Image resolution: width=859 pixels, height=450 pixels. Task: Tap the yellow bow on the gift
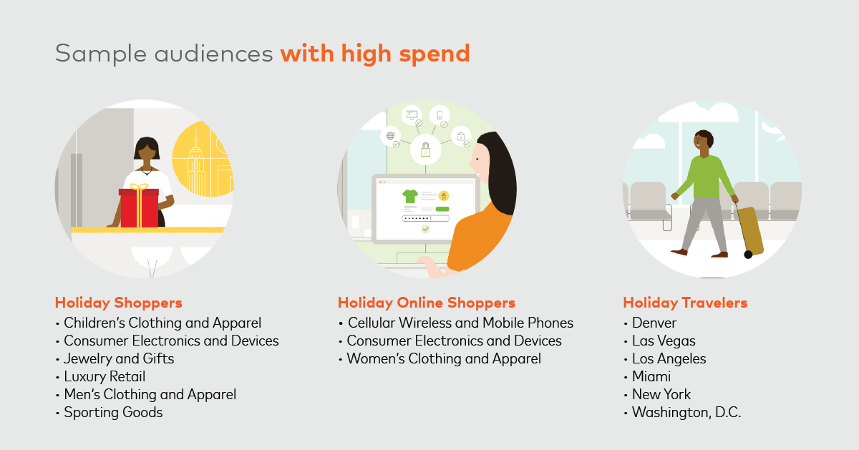(139, 187)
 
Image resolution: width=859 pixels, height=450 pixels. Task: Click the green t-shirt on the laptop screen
(410, 196)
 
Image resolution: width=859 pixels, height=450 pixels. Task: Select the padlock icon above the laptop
(425, 150)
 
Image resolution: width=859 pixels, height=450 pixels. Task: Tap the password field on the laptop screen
(425, 218)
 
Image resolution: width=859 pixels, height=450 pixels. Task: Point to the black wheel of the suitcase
(748, 255)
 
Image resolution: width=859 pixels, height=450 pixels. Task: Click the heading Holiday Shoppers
(119, 303)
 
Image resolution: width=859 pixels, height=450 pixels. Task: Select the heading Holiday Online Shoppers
(427, 303)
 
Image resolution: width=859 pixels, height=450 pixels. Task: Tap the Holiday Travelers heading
(685, 303)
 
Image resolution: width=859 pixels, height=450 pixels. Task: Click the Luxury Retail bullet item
(105, 376)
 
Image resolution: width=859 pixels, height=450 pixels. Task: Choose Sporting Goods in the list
(113, 412)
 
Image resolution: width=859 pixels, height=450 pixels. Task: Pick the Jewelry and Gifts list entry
(119, 358)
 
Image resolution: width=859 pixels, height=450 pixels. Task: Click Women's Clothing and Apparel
(444, 358)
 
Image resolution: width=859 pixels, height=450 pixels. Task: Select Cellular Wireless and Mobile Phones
(460, 323)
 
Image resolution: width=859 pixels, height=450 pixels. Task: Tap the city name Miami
(651, 376)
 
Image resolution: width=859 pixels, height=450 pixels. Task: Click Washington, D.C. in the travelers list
(686, 412)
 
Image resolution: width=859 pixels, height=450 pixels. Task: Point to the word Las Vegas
(664, 341)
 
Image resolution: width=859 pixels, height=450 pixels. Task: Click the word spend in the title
(435, 54)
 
